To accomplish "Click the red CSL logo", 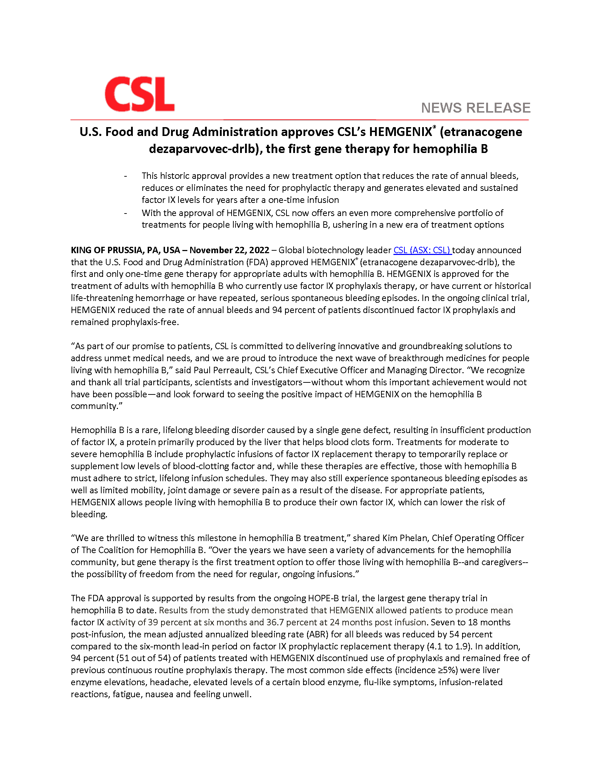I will click(140, 94).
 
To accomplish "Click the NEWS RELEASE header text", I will click(475, 108).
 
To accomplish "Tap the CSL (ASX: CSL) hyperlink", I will click(422, 250).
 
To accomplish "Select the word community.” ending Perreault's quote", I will click(96, 406).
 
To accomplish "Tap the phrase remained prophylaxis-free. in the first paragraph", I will click(124, 322).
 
